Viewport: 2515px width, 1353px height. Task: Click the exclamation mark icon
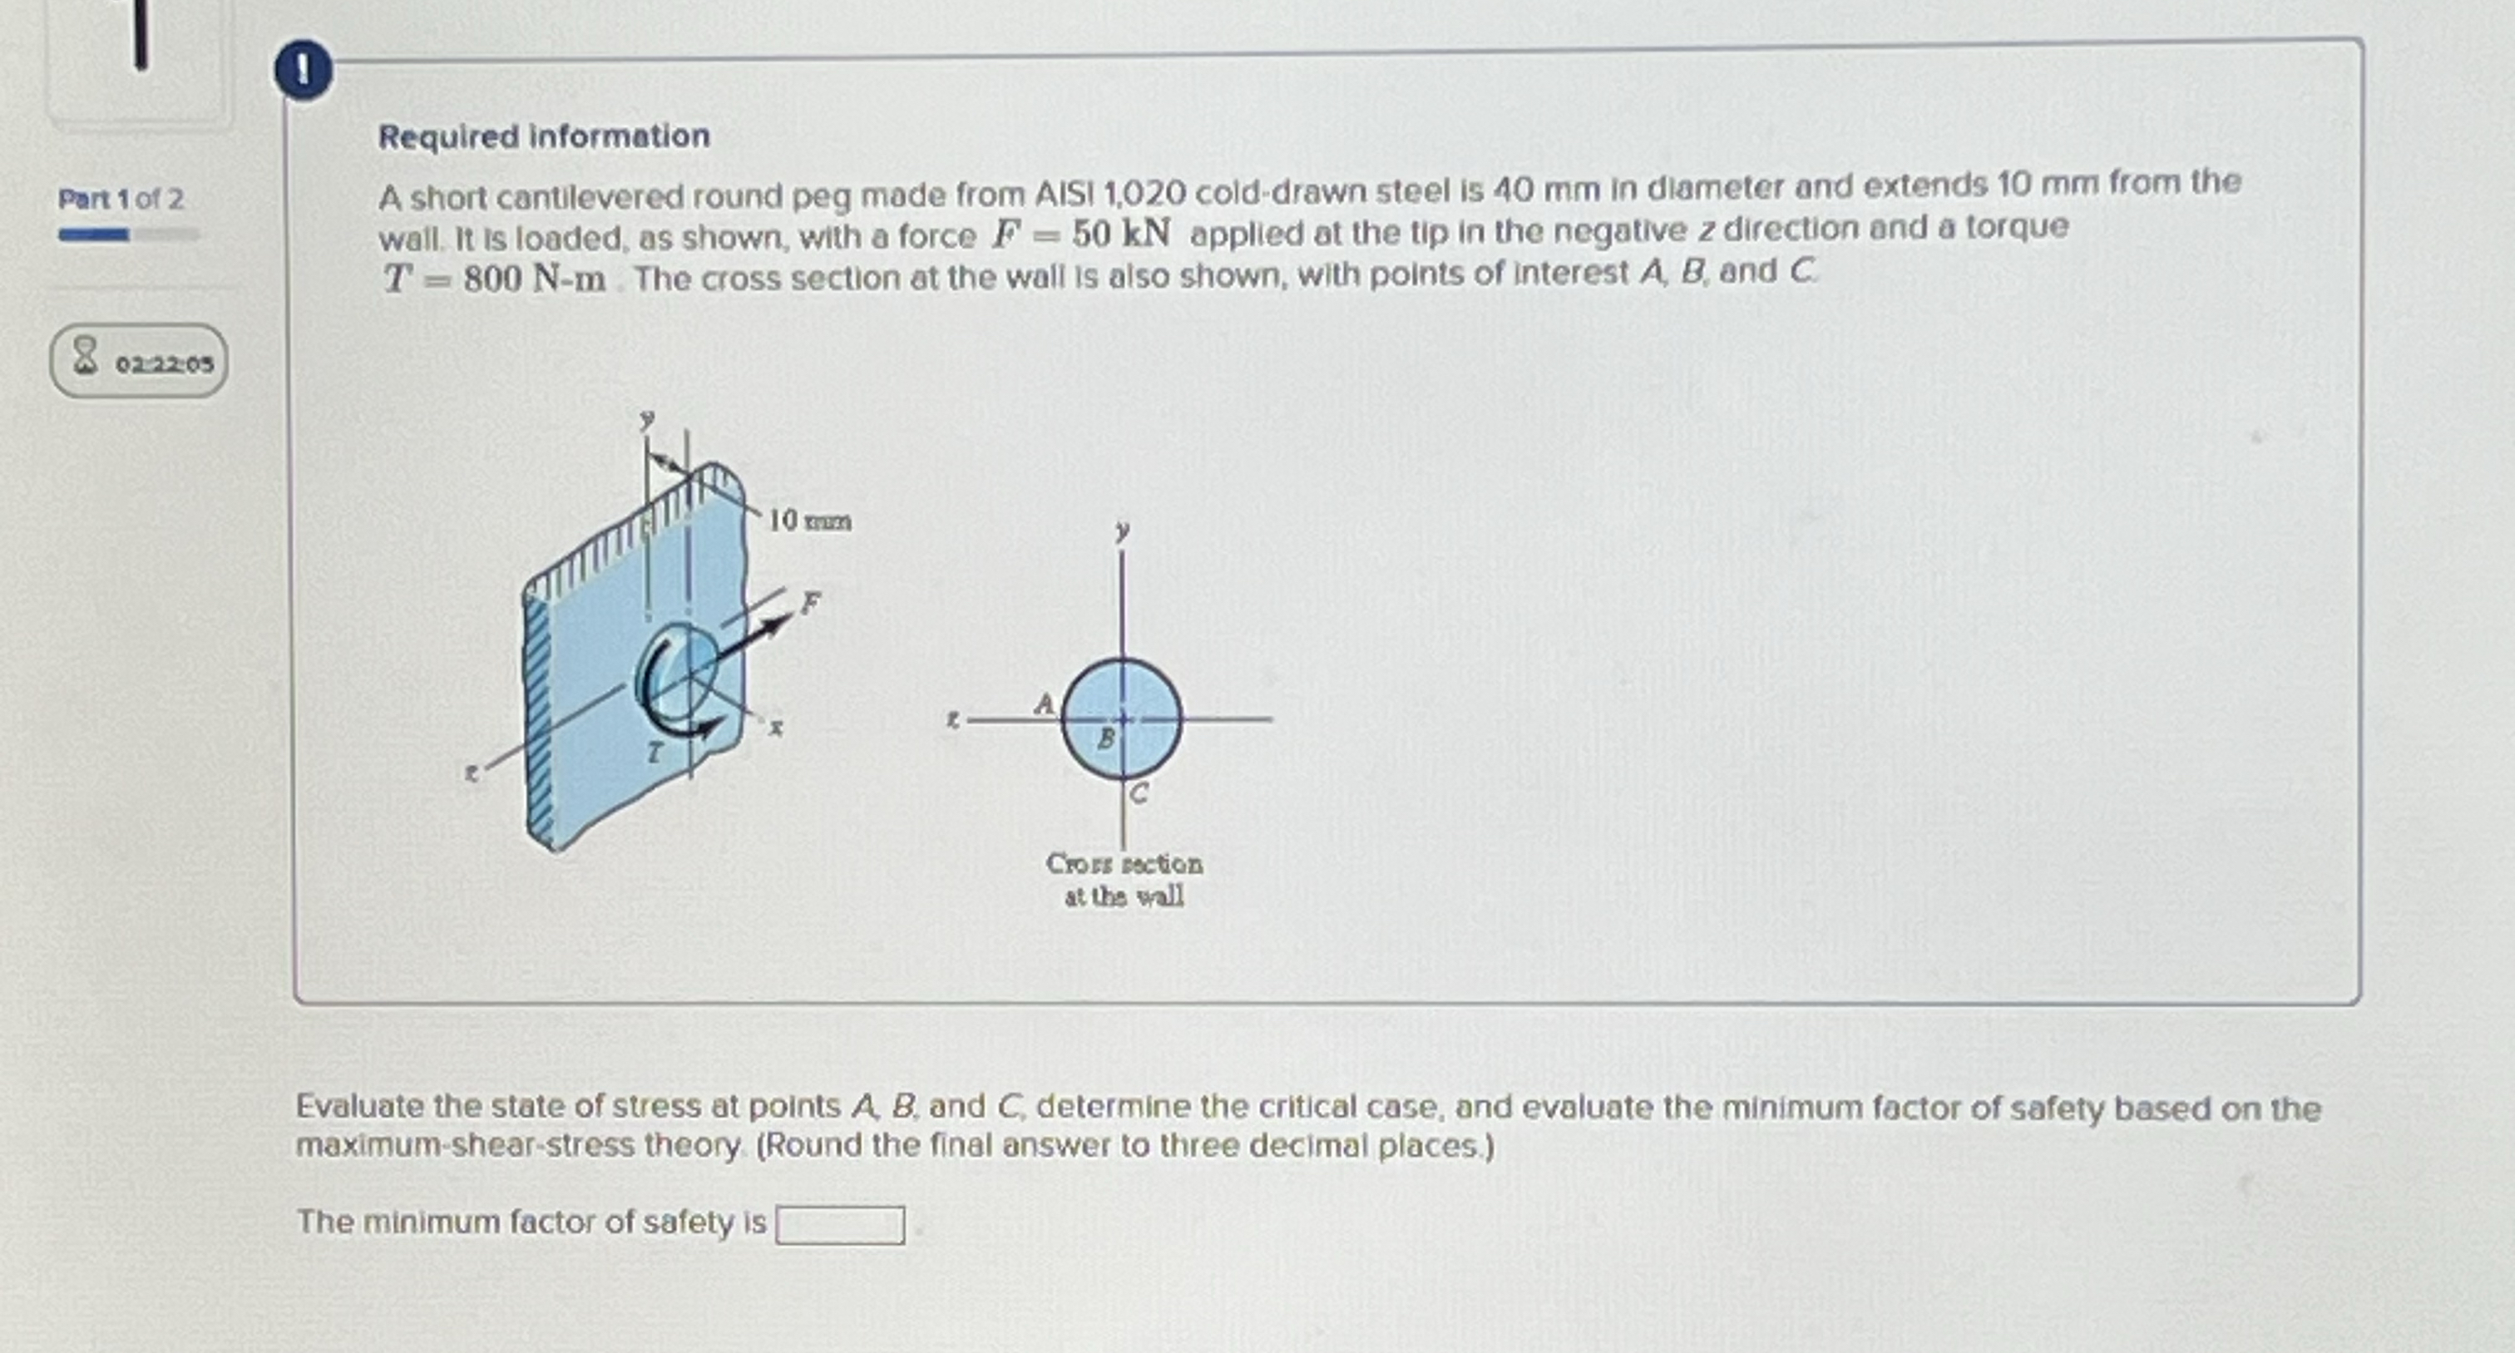[x=303, y=72]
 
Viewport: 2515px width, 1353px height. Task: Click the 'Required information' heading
[x=544, y=136]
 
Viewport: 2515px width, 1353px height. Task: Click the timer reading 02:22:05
[x=163, y=364]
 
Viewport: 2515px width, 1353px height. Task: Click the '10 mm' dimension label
[x=809, y=521]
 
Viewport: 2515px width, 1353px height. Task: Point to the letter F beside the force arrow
[x=810, y=602]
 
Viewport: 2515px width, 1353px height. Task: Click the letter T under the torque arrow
[x=655, y=753]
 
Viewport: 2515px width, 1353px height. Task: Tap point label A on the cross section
[x=1044, y=704]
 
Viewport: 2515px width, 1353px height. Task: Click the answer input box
[x=840, y=1225]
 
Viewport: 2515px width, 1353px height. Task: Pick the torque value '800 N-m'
[x=533, y=279]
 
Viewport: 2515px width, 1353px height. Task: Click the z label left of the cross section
[x=953, y=719]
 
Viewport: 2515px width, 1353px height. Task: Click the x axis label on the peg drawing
[x=775, y=728]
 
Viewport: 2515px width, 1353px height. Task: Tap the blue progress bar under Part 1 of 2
[x=94, y=235]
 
